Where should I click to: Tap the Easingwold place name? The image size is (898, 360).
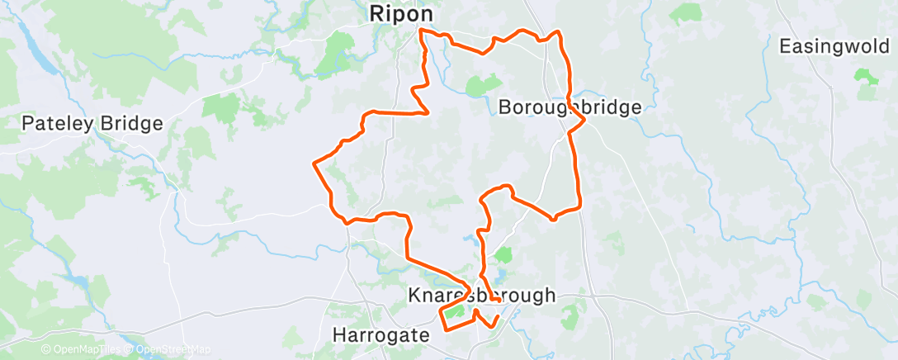pos(834,46)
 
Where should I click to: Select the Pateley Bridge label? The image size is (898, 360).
pos(92,125)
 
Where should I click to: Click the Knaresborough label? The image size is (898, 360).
pos(482,296)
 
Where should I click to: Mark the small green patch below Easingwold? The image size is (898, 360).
pos(866,76)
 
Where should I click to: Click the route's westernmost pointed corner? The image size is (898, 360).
pos(314,163)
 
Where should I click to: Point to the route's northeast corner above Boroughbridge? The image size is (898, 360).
pos(559,33)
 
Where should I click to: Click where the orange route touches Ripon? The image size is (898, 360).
pos(422,31)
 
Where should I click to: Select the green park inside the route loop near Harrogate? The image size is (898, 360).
pos(455,312)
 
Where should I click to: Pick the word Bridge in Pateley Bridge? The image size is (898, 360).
pos(131,125)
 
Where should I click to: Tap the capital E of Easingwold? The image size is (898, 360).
pos(786,46)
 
